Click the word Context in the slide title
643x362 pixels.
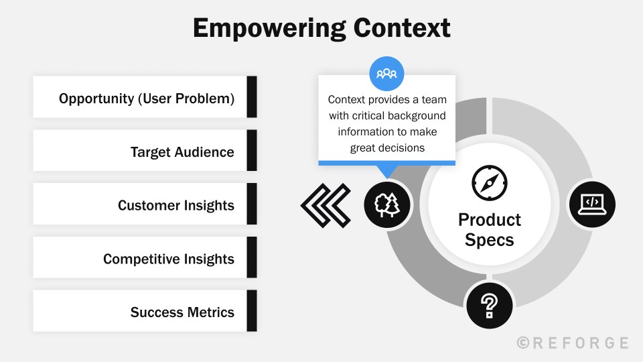[x=400, y=28]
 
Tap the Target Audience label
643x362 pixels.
[x=182, y=152]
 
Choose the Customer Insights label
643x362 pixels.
[x=175, y=205]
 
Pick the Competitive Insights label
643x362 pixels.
[x=168, y=259]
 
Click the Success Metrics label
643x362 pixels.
[x=182, y=312]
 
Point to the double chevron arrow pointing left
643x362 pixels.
[x=326, y=204]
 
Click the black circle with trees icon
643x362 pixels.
[x=387, y=204]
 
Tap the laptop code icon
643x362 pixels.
[x=591, y=204]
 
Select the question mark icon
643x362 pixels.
[x=489, y=306]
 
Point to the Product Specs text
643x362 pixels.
[x=489, y=229]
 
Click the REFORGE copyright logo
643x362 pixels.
[x=573, y=343]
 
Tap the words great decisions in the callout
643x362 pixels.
[x=387, y=147]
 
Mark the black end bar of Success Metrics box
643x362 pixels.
[x=252, y=310]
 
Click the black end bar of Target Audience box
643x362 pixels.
[x=252, y=150]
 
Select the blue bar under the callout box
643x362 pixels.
[x=386, y=162]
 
